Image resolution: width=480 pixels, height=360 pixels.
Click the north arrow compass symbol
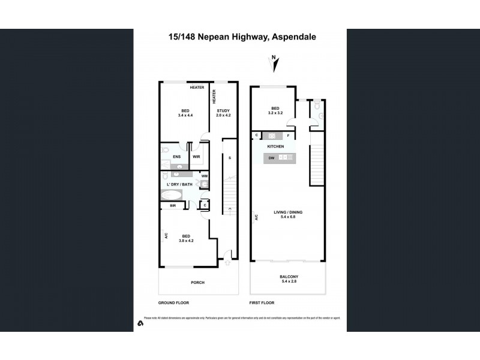(x=274, y=60)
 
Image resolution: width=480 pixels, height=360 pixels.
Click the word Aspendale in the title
(x=293, y=37)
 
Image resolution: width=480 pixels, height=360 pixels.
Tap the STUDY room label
(x=223, y=110)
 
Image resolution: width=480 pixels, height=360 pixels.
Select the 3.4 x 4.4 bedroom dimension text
(x=185, y=115)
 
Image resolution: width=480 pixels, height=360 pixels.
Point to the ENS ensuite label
(x=177, y=157)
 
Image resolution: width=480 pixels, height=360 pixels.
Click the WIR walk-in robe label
(x=196, y=157)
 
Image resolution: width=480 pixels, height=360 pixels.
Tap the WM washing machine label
(x=205, y=176)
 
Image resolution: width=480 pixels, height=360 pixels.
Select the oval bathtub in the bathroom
(x=172, y=195)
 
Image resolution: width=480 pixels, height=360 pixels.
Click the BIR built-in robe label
(x=173, y=206)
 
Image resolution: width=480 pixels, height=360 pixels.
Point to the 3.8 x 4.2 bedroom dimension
(x=186, y=241)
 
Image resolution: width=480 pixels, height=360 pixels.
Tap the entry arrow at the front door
(x=228, y=262)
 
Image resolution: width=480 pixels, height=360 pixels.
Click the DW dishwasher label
(x=271, y=157)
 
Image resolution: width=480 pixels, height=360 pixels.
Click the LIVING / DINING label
(x=288, y=212)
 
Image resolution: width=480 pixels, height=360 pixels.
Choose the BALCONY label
(x=288, y=277)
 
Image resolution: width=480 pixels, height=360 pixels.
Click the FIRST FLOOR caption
(x=261, y=304)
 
